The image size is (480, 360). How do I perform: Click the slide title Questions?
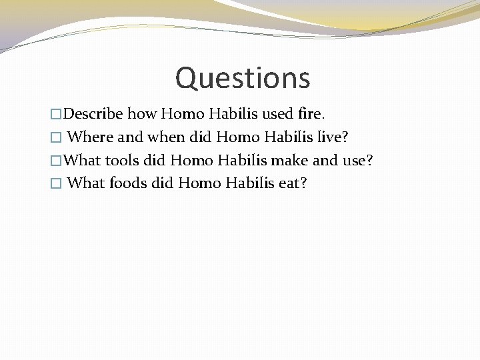pyautogui.click(x=243, y=78)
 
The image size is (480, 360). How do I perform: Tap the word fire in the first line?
pyautogui.click(x=308, y=114)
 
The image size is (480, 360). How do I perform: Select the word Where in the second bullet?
pyautogui.click(x=91, y=137)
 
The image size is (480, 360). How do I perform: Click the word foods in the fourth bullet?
pyautogui.click(x=127, y=183)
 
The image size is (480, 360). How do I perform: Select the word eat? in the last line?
pyautogui.click(x=293, y=183)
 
